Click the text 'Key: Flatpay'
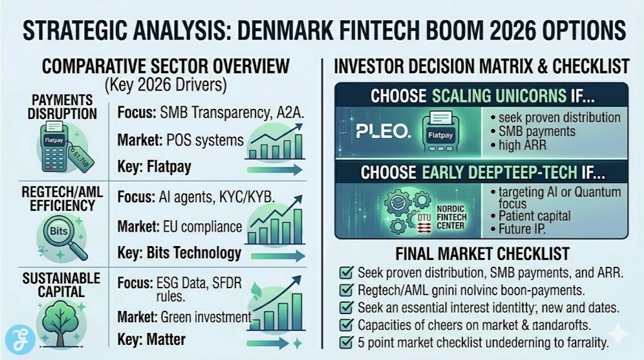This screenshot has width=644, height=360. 153,167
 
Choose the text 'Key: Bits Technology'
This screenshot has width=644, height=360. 179,253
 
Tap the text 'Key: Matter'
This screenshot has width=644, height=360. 152,340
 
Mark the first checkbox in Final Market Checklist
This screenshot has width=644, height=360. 344,274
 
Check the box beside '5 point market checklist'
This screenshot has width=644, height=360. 344,342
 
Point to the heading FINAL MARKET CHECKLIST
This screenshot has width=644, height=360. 482,254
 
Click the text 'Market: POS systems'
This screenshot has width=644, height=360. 180,140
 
